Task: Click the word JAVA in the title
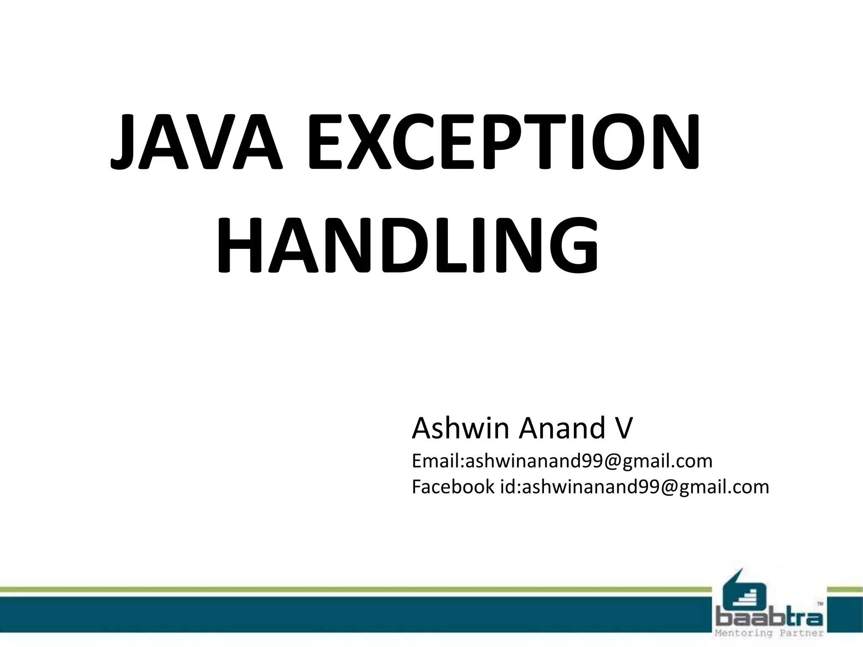pos(196,142)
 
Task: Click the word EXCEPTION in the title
pos(504,142)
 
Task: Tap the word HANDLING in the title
pos(407,245)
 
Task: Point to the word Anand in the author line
pos(564,428)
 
